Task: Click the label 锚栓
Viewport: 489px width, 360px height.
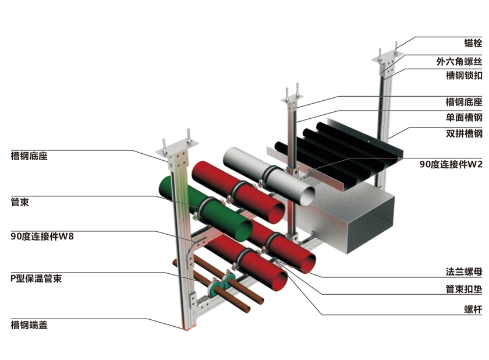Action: click(473, 43)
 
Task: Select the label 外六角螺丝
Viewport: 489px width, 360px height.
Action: click(459, 60)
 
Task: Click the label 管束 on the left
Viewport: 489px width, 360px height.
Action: click(20, 203)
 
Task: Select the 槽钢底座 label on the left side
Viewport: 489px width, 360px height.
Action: click(29, 156)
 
